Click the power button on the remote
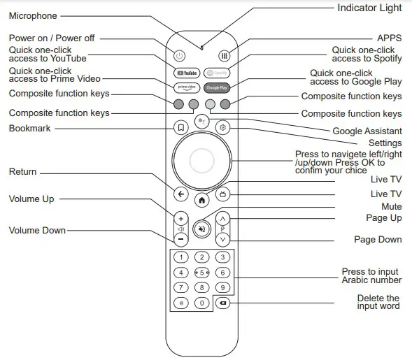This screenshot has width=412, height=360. (180, 55)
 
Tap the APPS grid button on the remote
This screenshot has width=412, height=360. (224, 55)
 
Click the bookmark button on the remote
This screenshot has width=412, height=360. (180, 127)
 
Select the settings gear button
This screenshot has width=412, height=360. (223, 127)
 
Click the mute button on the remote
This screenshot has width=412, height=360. (201, 227)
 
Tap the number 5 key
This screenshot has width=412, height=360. (201, 272)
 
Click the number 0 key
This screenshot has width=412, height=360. (201, 303)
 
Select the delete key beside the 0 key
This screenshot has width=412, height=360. (222, 303)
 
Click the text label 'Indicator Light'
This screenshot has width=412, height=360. (369, 8)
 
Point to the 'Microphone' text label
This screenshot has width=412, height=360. (33, 15)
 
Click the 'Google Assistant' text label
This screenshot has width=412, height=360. (367, 131)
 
